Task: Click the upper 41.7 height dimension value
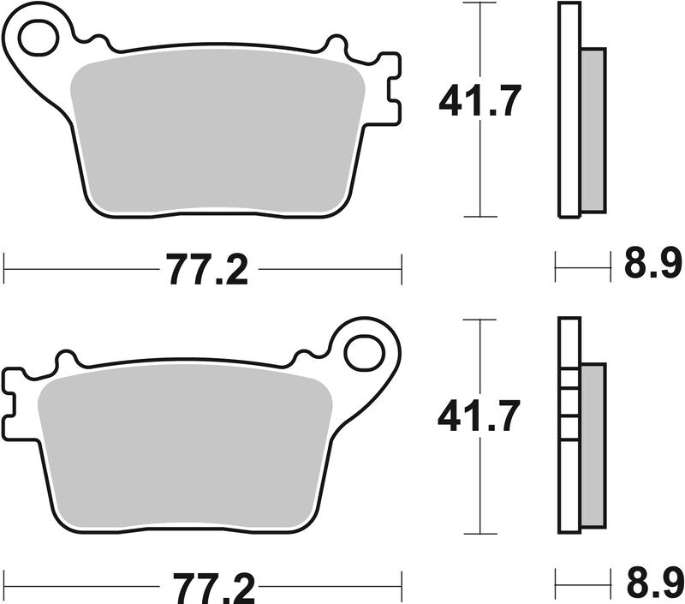(x=479, y=103)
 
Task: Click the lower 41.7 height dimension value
(x=479, y=417)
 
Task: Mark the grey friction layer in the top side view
(x=593, y=129)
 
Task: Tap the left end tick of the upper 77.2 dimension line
(x=5, y=267)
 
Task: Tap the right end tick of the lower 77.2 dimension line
(x=401, y=585)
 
